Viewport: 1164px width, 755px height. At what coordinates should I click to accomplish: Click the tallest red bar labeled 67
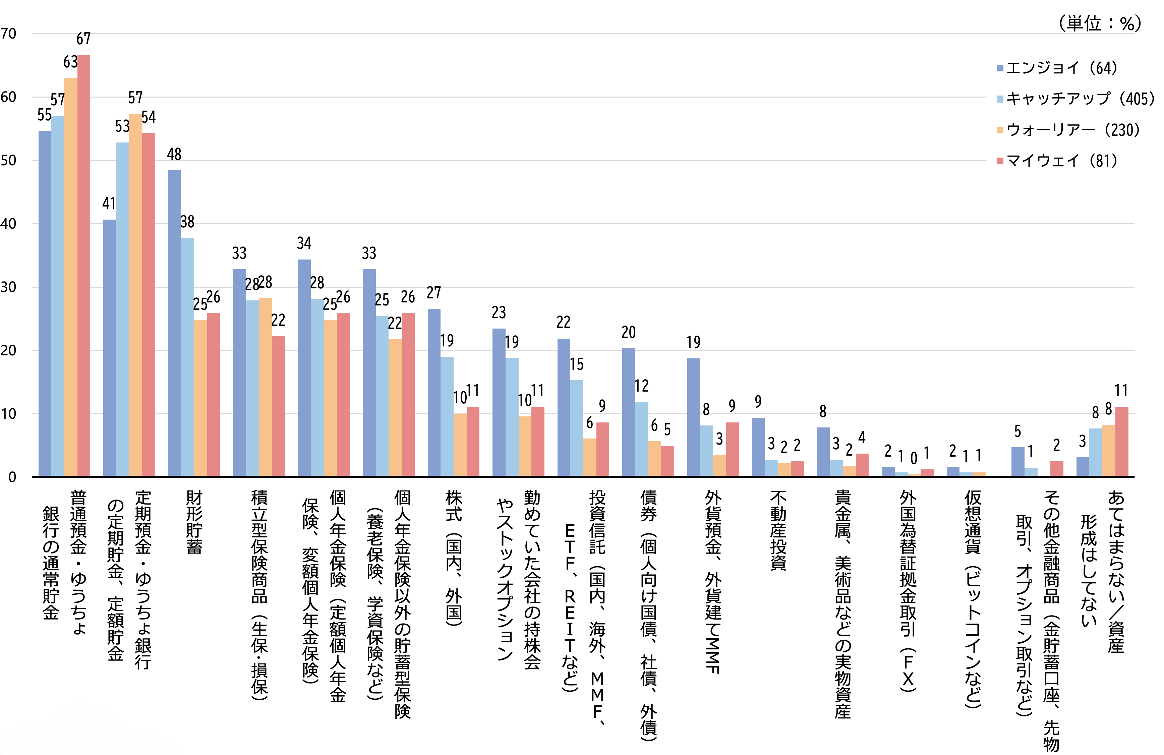coord(83,264)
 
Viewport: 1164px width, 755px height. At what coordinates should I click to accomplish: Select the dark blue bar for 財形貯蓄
coord(175,323)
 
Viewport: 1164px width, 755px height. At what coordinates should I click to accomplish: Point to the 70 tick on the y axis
coord(9,34)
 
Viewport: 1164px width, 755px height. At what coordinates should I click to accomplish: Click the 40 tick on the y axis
coord(9,224)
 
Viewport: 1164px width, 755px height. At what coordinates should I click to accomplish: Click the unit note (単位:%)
coord(1099,23)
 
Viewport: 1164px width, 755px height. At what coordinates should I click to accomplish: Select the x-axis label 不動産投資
coord(778,531)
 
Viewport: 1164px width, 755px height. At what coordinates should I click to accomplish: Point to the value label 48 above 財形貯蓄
coord(174,155)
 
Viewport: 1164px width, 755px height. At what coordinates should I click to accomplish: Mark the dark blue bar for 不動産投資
coord(758,447)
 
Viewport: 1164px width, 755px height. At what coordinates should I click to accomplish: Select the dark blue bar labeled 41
coord(110,347)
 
